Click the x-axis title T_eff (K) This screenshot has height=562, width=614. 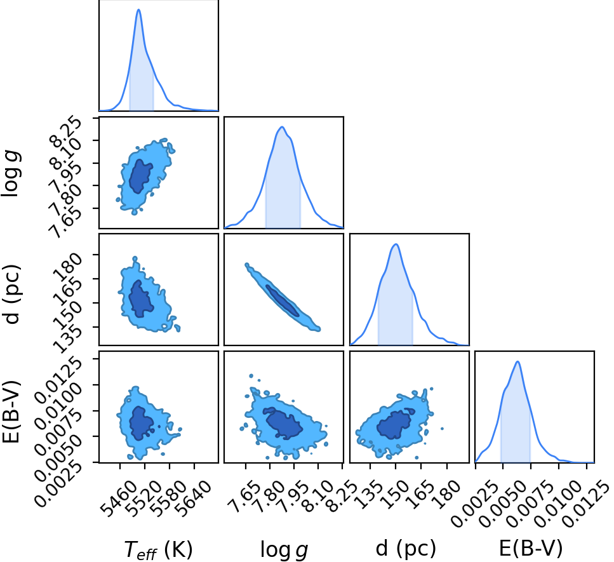click(x=158, y=549)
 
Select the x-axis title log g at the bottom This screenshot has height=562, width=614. click(x=284, y=550)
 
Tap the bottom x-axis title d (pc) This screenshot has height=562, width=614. click(x=406, y=548)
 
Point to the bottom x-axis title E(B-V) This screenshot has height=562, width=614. click(x=531, y=548)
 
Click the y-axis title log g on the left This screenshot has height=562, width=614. click(x=11, y=174)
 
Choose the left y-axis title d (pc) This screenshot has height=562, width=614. click(x=12, y=294)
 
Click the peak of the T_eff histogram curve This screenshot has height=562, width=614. click(x=138, y=10)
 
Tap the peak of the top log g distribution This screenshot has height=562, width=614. click(x=281, y=126)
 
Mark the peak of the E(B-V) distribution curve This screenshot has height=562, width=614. click(x=517, y=361)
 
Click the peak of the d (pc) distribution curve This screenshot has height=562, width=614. click(x=396, y=244)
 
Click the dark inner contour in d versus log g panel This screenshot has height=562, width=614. click(x=283, y=300)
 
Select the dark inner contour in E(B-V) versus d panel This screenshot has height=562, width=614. click(x=395, y=424)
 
